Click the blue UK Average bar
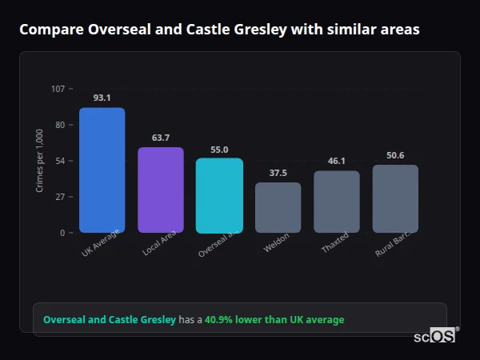point(102,170)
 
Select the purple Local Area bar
point(160,190)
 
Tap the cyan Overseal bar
point(219,195)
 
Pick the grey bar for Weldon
point(278,207)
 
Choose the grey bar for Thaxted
point(336,202)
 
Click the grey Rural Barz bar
point(395,198)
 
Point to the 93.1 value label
point(102,98)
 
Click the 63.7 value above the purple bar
point(160,138)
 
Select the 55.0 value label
point(219,149)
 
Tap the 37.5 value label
point(278,173)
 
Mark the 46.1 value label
point(336,161)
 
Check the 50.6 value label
point(395,155)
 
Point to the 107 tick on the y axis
point(58,89)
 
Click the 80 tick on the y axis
point(60,125)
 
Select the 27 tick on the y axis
point(60,197)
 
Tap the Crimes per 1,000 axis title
point(40,161)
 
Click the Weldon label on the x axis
point(276,243)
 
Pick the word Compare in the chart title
point(50,30)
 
